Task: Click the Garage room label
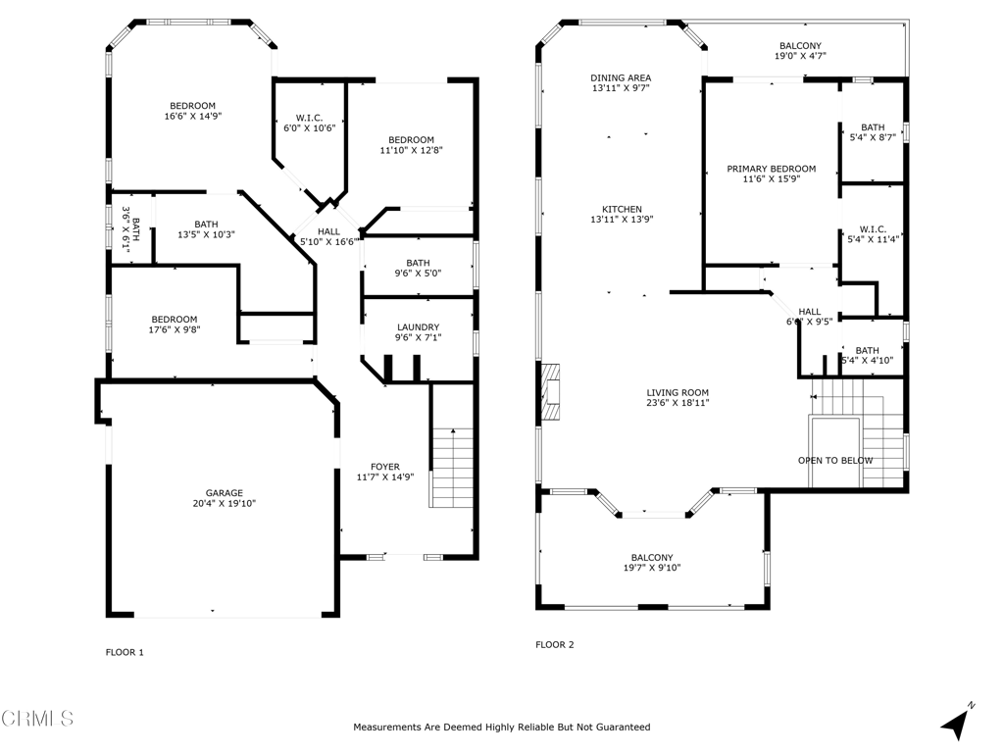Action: tap(224, 493)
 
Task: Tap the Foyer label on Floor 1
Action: tap(384, 467)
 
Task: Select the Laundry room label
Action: tap(418, 327)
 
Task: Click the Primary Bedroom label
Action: tap(771, 169)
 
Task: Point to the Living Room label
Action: tap(677, 392)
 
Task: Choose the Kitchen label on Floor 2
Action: tap(622, 209)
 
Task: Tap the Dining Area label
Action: tap(621, 77)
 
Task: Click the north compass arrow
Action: tap(956, 723)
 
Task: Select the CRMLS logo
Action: tap(37, 719)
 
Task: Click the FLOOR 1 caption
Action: tap(125, 652)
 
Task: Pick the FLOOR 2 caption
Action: tap(554, 645)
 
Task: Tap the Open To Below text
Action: tap(834, 460)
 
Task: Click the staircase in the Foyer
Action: tap(452, 468)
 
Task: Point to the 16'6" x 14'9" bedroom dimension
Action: tap(192, 116)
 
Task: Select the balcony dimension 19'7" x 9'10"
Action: tap(652, 568)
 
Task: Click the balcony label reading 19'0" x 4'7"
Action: tap(800, 57)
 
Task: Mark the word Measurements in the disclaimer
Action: tap(388, 728)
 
